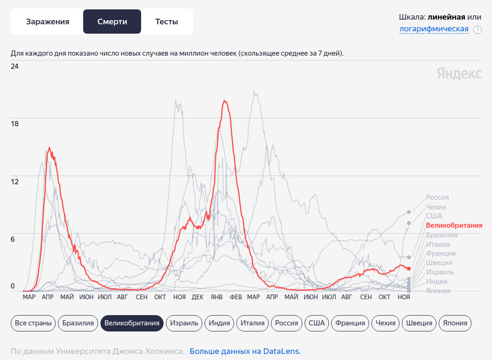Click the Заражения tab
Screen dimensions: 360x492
(x=47, y=22)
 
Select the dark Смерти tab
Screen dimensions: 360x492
(x=112, y=22)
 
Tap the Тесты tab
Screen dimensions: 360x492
(x=167, y=22)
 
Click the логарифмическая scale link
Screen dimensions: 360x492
(x=434, y=29)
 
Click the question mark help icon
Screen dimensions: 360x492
(x=477, y=29)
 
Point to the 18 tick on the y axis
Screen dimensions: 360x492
(x=14, y=124)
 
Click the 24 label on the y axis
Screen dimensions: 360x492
(x=14, y=66)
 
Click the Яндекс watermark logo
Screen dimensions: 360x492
(x=459, y=73)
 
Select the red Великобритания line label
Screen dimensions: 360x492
(x=454, y=225)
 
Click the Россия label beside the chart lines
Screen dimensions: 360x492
(x=437, y=197)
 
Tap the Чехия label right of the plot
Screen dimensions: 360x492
(x=436, y=207)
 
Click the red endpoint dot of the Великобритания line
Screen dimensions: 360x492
(x=409, y=268)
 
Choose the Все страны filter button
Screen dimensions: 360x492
(x=33, y=323)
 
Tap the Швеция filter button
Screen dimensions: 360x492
(x=419, y=323)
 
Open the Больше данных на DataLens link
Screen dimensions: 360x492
(x=245, y=351)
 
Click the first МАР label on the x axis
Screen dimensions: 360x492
(x=29, y=297)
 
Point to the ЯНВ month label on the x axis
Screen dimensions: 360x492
(x=216, y=297)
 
